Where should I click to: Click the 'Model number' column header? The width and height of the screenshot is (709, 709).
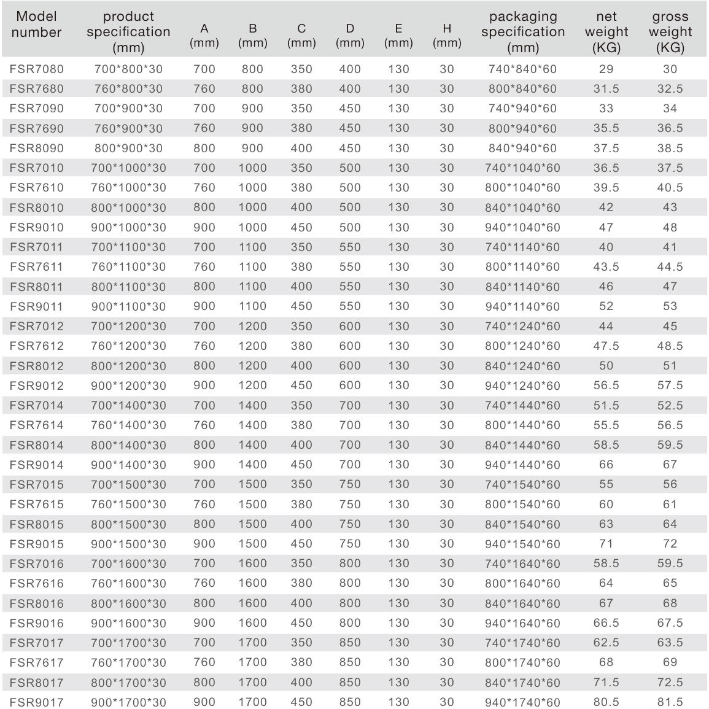coord(36,25)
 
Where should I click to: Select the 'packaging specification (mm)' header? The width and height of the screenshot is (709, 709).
coord(523,32)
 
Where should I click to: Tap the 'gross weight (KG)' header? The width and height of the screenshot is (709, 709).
coord(670,32)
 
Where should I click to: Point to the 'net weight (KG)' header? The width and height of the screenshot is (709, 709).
coord(606,32)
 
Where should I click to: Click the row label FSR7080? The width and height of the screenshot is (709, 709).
coord(36,69)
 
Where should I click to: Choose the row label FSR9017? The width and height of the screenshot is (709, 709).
coord(36,702)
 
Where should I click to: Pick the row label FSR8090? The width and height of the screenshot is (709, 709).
coord(36,148)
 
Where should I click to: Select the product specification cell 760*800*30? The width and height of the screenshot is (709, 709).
coord(129,88)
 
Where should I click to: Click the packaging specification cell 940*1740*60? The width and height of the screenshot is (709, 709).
coord(523,702)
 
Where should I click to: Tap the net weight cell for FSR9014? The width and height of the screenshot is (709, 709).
coord(606,465)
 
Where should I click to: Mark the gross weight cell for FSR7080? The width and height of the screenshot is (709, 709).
coord(670,69)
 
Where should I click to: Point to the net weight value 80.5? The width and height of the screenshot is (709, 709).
coord(606,702)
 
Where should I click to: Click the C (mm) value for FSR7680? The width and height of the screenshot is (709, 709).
coord(301,88)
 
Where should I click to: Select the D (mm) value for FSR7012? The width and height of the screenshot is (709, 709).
coord(350,326)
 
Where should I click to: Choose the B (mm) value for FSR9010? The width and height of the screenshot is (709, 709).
coord(253,227)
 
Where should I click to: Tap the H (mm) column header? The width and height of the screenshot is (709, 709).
coord(447,36)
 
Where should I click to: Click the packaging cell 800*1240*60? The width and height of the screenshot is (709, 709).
coord(523,346)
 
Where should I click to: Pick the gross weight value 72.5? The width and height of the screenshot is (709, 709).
coord(670,682)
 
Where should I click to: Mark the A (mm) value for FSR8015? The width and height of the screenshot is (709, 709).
coord(204,524)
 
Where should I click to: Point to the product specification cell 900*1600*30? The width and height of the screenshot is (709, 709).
coord(129,622)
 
